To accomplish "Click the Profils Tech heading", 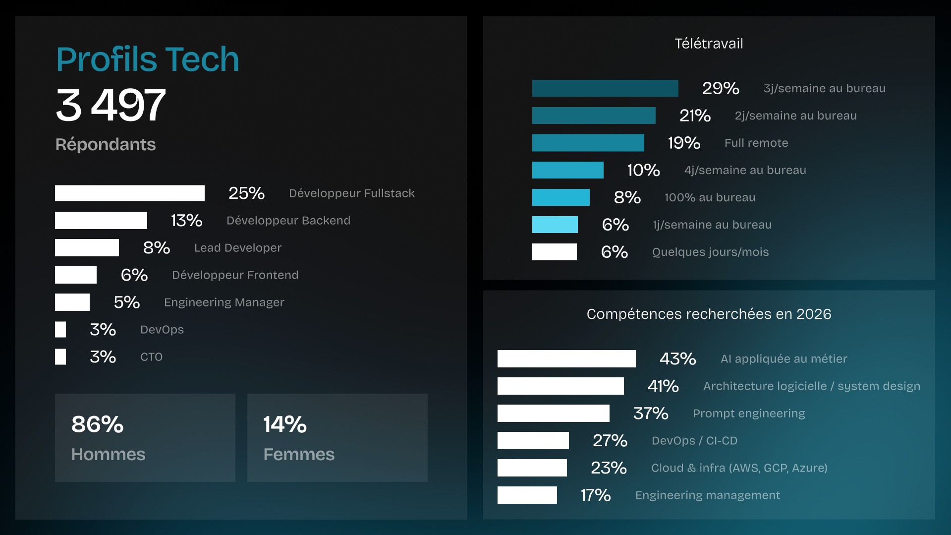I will tap(147, 59).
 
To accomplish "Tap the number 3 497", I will tap(111, 105).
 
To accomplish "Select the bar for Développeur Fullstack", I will tap(129, 193).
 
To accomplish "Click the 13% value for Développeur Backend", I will tap(186, 220).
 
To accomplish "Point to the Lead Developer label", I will tap(237, 248).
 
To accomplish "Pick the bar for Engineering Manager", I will tap(72, 302).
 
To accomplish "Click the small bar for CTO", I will tap(60, 357).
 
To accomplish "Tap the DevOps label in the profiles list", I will tap(162, 330).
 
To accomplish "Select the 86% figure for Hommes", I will tap(97, 424).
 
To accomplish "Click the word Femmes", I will tap(299, 454).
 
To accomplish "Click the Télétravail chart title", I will tap(709, 44).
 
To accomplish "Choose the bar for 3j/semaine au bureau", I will tap(605, 88).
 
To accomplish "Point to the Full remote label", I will tap(756, 143).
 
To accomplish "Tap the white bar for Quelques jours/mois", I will tap(554, 252).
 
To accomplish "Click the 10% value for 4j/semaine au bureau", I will tap(643, 170).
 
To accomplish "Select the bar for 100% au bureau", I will tap(560, 197).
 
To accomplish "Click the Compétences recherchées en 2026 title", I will tap(709, 314).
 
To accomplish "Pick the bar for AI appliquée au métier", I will tap(566, 358).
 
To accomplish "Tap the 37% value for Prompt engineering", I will tap(651, 413).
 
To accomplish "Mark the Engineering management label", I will tap(707, 495).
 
